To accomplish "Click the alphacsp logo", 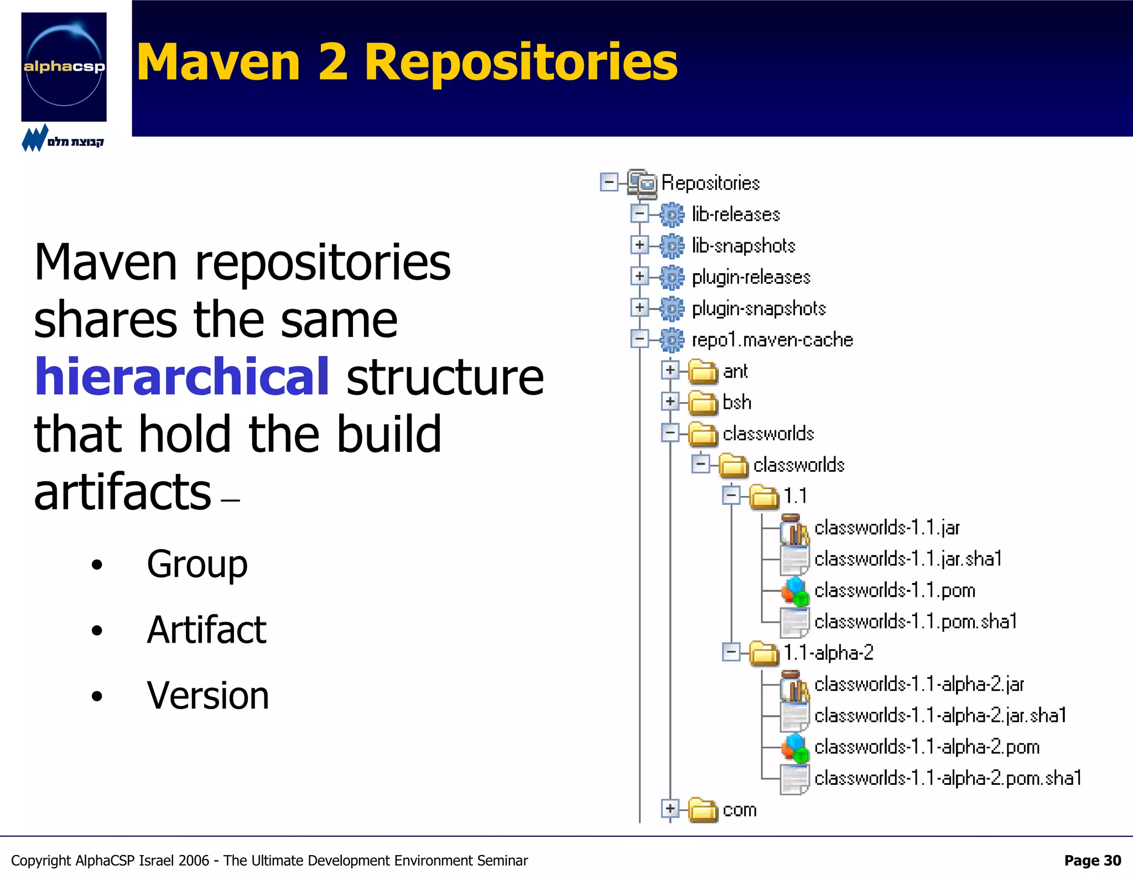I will click(64, 67).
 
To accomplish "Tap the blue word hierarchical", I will click(182, 377).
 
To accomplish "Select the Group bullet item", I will click(197, 564).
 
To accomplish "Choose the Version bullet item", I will click(207, 695).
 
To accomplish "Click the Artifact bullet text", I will click(206, 630).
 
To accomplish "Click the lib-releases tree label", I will click(735, 214).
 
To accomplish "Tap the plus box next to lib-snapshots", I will click(640, 245).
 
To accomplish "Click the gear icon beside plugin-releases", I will click(672, 277).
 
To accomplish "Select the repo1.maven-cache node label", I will click(772, 340).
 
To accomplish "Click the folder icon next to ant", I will click(703, 371).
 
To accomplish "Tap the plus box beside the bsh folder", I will click(670, 402).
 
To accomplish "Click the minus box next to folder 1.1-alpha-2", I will click(731, 653).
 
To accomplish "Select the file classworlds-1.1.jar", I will click(887, 528).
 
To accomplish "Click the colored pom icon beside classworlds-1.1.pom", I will click(794, 591).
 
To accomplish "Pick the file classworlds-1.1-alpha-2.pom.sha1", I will click(948, 778).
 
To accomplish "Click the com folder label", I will click(739, 810).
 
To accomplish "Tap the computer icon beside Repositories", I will click(642, 183).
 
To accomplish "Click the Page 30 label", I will click(1092, 861).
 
